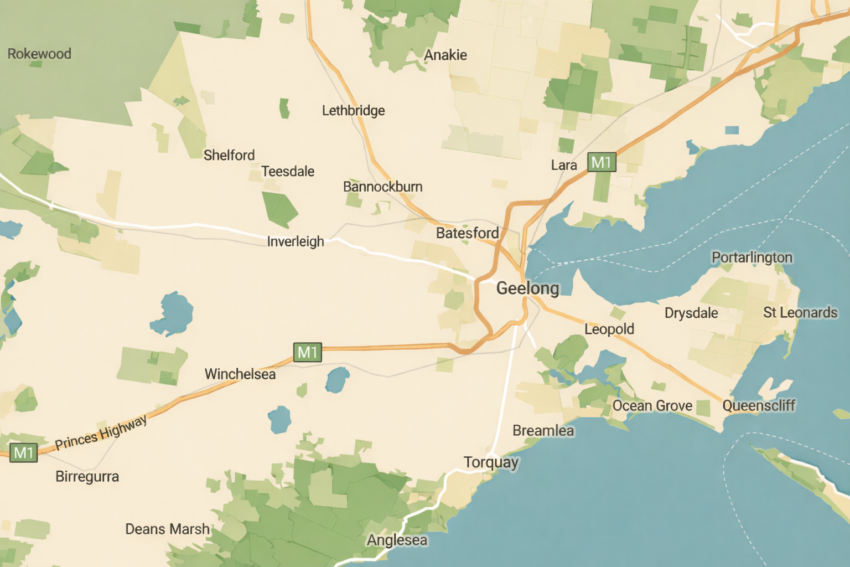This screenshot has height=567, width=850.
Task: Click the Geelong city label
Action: point(527,288)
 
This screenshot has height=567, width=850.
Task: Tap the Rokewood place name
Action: point(39,54)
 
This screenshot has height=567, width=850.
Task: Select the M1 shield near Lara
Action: point(601,162)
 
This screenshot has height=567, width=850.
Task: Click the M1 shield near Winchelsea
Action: point(307,352)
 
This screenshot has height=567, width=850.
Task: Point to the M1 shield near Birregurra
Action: point(23,453)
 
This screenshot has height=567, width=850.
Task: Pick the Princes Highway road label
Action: point(101,432)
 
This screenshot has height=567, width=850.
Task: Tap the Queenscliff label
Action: point(759,406)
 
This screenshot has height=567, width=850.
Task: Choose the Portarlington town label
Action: point(751,257)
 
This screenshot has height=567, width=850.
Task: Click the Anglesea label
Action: point(397,540)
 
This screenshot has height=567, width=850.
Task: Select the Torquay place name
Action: point(491,462)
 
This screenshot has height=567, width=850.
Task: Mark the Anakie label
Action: point(445,55)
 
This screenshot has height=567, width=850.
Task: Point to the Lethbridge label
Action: point(354,111)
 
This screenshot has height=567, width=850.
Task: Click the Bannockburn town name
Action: point(383,187)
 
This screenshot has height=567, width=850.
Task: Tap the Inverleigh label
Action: point(296,241)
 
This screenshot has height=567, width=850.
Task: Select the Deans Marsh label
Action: point(168,529)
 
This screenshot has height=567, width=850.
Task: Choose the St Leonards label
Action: point(800,313)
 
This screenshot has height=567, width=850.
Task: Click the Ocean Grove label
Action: point(652,406)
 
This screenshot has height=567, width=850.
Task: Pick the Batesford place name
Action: point(468,233)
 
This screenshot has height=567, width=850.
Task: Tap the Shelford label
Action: point(229,155)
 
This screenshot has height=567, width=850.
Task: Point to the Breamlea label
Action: point(543,431)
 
